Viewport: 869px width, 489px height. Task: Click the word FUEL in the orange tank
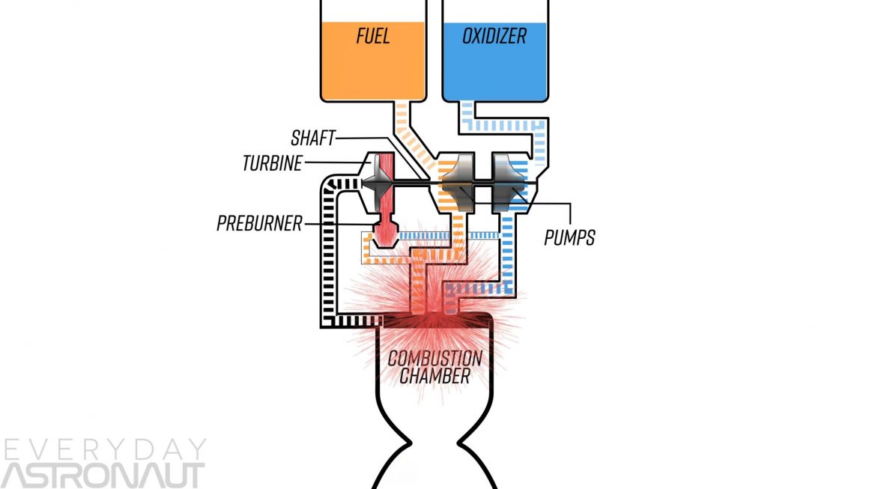click(x=372, y=36)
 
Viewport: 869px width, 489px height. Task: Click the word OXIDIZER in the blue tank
click(x=494, y=35)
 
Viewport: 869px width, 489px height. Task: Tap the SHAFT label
click(x=312, y=139)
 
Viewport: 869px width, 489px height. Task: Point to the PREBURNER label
click(x=259, y=223)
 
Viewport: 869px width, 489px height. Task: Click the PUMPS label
click(x=569, y=237)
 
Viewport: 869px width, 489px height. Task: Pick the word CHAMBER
click(x=434, y=376)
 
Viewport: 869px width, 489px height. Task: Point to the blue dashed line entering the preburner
click(x=427, y=235)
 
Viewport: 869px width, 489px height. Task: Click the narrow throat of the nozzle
click(x=434, y=442)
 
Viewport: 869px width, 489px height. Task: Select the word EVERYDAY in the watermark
click(x=104, y=449)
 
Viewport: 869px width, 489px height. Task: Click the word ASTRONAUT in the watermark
click(x=103, y=476)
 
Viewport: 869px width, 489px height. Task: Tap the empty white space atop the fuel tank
click(x=372, y=10)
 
